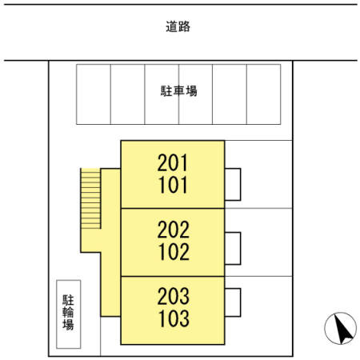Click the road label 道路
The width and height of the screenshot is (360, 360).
tap(178, 26)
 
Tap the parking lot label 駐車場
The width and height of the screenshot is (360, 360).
tap(178, 91)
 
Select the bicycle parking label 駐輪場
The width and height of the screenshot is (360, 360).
tap(68, 312)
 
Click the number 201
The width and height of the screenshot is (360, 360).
tap(173, 162)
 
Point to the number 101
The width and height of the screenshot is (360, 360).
tap(173, 185)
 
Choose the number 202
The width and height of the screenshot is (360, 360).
tap(174, 230)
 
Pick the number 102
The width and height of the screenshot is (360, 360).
tap(174, 252)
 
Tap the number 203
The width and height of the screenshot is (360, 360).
tap(174, 296)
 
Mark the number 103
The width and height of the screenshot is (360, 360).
tap(174, 318)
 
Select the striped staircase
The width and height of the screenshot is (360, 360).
tap(90, 198)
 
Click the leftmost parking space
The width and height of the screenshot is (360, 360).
tap(94, 94)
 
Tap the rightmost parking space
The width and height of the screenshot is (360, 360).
tap(264, 94)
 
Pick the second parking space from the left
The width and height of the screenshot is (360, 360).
tap(128, 94)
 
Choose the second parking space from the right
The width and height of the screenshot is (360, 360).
tap(230, 94)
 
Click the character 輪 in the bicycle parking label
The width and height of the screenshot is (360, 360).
tap(68, 312)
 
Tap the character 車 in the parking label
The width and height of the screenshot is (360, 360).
tap(178, 91)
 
